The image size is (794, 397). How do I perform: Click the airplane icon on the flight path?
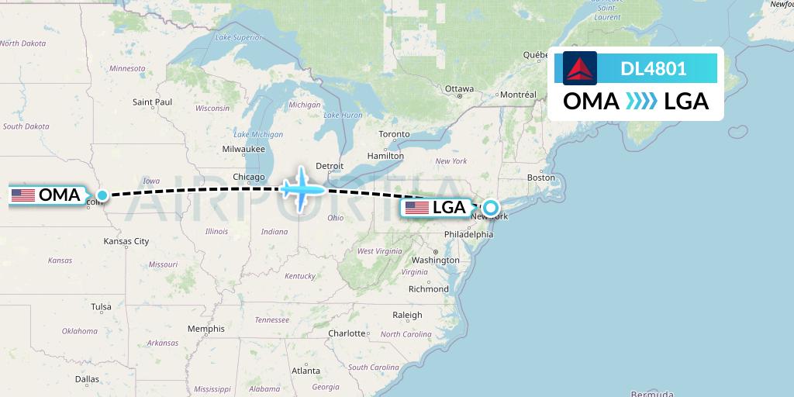click(302, 188)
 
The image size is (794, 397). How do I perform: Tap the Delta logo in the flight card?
click(580, 68)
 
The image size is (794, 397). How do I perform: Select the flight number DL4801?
click(653, 68)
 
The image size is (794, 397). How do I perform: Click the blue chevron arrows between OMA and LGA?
click(641, 102)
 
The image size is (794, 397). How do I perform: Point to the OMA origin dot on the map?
click(102, 195)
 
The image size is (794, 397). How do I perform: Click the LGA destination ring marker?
click(490, 207)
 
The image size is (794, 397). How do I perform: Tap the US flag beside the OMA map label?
click(23, 195)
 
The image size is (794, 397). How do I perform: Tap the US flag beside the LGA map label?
click(417, 208)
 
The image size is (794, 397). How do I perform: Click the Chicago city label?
click(248, 177)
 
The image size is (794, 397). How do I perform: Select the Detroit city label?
click(329, 165)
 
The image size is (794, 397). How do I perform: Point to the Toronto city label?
click(394, 134)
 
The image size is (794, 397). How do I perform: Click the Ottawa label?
click(459, 88)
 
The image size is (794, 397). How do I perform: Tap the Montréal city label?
click(518, 95)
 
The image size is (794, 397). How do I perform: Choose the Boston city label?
click(540, 178)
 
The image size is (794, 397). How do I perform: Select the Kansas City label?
click(126, 241)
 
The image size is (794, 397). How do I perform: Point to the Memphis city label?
click(205, 329)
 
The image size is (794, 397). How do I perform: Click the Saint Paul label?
click(152, 102)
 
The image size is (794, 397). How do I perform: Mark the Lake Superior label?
click(238, 37)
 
